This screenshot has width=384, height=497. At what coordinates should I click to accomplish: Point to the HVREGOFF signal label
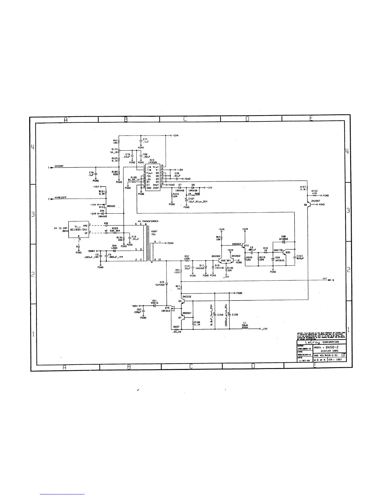pos(61,198)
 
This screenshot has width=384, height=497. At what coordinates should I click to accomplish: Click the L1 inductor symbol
pos(245,329)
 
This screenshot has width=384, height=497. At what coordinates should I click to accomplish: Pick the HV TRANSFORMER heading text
pos(148,221)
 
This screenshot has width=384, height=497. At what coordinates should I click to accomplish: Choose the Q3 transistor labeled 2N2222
pos(183,301)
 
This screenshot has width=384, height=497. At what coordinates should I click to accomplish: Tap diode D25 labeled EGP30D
pos(167,284)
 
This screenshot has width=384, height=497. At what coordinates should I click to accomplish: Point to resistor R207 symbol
pos(176,329)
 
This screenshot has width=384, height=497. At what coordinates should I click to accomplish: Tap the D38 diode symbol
pos(284,242)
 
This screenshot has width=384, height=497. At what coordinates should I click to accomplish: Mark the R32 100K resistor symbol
pos(187,260)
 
